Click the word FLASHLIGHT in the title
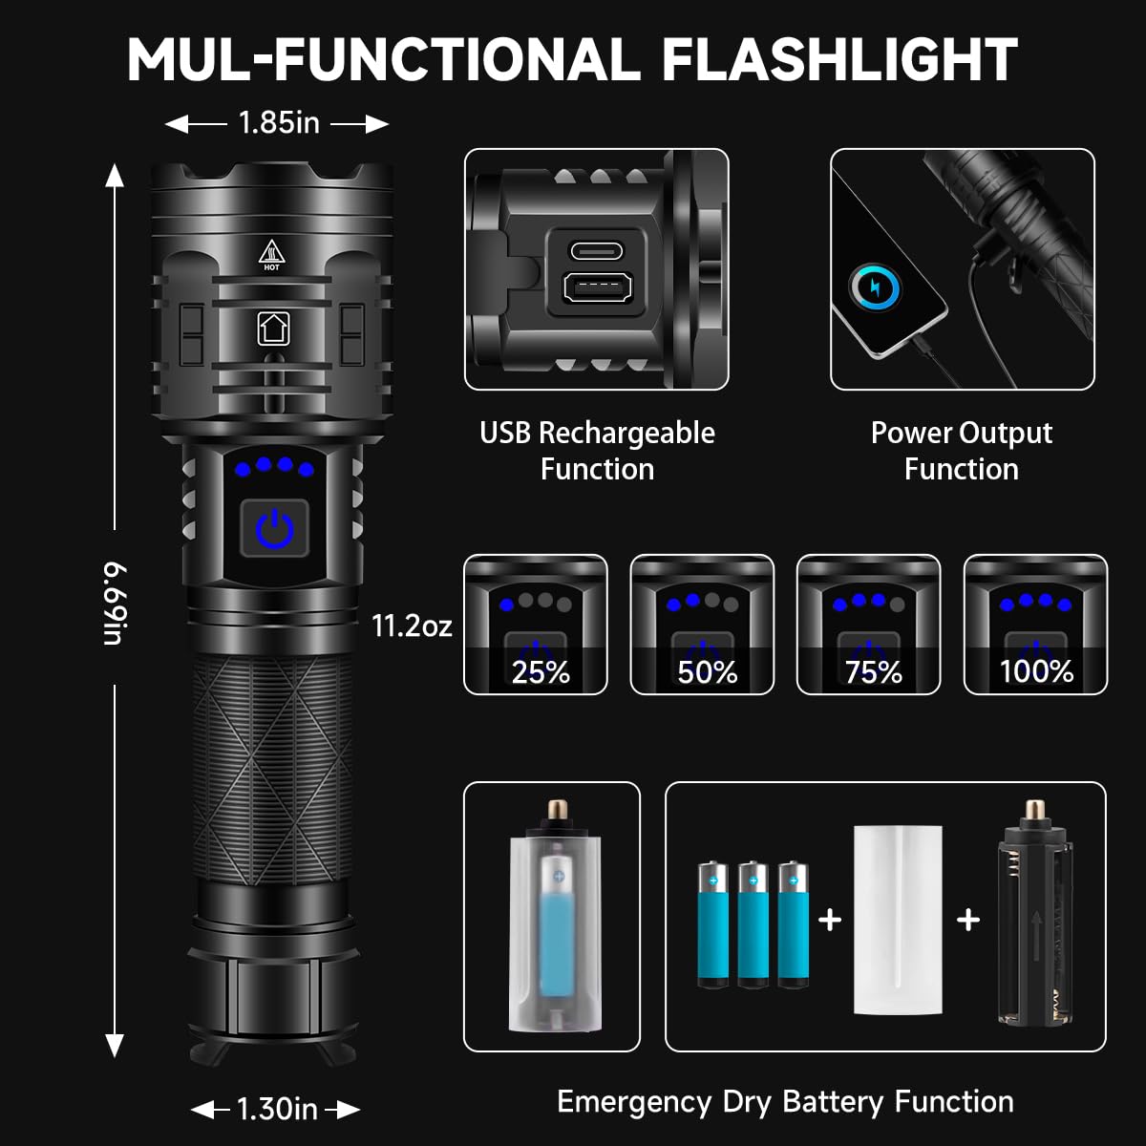point(839,59)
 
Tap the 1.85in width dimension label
point(278,123)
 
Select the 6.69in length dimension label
point(115,604)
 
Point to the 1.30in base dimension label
point(276,1109)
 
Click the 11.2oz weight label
point(412,626)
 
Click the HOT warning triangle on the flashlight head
point(272,256)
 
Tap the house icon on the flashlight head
point(273,328)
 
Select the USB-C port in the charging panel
point(596,251)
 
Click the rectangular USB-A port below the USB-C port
point(596,288)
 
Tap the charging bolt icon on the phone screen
point(875,287)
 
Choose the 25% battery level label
point(541,672)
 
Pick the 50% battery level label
point(707,672)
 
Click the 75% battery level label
point(873,672)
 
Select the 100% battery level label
point(1036,672)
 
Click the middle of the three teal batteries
point(753,924)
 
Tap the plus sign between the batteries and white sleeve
point(830,920)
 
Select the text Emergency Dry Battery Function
point(785,1101)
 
